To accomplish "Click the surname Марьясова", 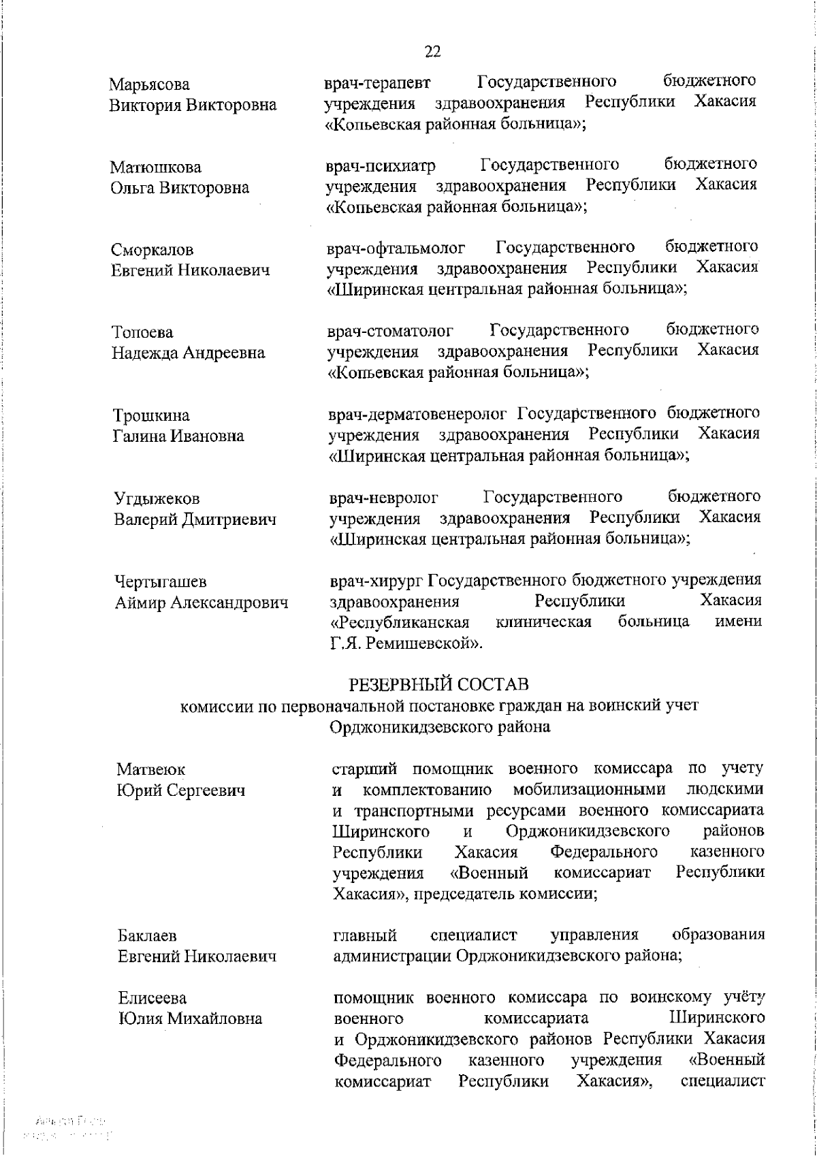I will click(150, 84).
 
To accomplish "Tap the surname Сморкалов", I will click(153, 250).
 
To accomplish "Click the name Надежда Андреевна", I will click(189, 353).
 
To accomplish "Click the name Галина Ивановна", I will click(178, 436).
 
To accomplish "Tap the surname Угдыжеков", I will click(157, 499).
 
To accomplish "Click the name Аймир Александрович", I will click(200, 603).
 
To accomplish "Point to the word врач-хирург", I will click(377, 581).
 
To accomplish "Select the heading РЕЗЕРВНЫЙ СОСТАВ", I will click(438, 684).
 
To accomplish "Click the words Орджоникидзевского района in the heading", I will click(440, 726).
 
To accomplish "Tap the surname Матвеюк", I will click(151, 769).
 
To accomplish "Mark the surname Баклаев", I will click(148, 936).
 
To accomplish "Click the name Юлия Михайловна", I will click(190, 1019).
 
